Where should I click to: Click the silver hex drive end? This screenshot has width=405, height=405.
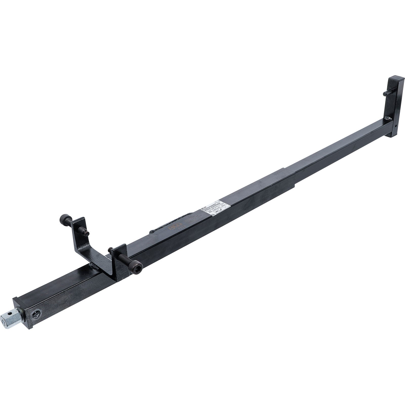click(10, 321)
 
